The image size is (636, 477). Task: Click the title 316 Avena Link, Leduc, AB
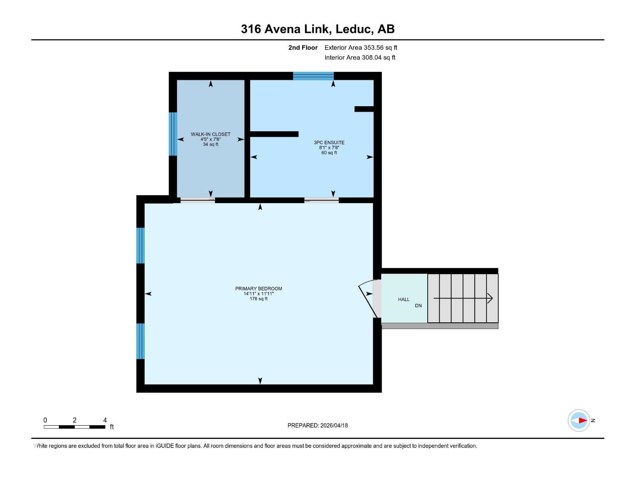click(x=318, y=29)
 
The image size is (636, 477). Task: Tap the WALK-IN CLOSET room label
click(x=210, y=134)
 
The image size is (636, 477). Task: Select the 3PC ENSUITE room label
click(x=329, y=142)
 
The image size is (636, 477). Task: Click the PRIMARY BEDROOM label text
click(x=258, y=289)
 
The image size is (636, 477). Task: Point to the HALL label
click(x=403, y=299)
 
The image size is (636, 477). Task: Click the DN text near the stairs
click(x=418, y=306)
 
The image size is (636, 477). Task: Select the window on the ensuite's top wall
click(x=313, y=76)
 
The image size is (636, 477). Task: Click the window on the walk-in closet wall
click(x=173, y=134)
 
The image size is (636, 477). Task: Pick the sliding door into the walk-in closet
click(x=198, y=200)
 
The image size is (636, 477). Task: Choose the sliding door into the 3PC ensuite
click(x=322, y=200)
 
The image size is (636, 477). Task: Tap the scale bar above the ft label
click(x=74, y=427)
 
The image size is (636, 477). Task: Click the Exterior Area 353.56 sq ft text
click(x=361, y=48)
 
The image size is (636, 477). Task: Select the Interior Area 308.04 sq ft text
click(x=360, y=58)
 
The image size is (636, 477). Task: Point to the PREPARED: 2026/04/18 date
click(x=317, y=425)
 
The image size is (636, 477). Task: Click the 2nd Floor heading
click(x=303, y=48)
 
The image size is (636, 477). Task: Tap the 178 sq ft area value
click(x=258, y=299)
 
